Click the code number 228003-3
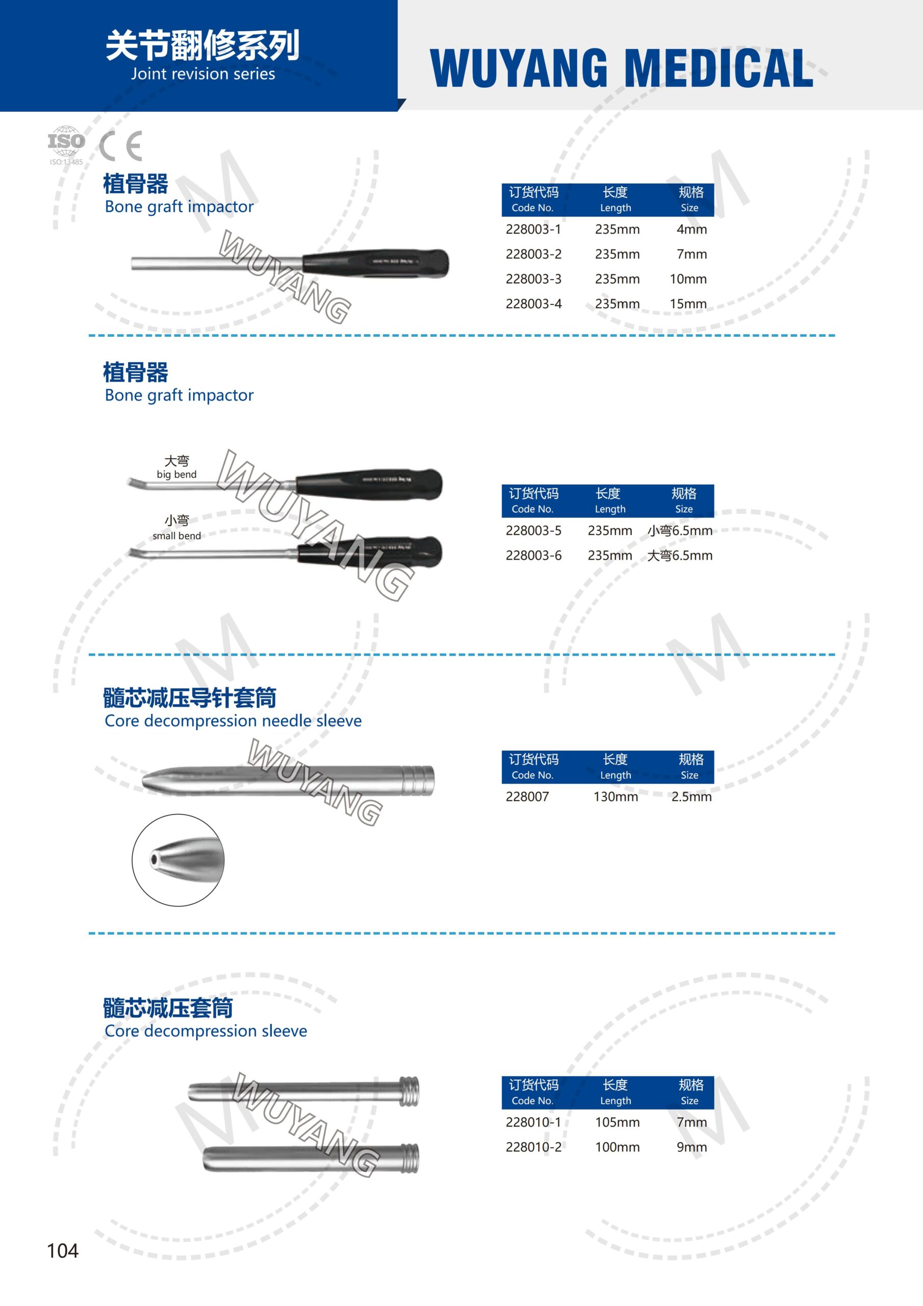pyautogui.click(x=533, y=279)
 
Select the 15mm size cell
pyautogui.click(x=688, y=304)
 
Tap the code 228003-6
pyautogui.click(x=533, y=556)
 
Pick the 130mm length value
pyautogui.click(x=616, y=797)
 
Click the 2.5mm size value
pyautogui.click(x=691, y=797)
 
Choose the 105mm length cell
pyautogui.click(x=617, y=1122)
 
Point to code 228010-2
pyautogui.click(x=533, y=1147)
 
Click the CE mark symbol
pyautogui.click(x=120, y=146)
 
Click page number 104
pyautogui.click(x=63, y=1251)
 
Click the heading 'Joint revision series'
pyautogui.click(x=203, y=74)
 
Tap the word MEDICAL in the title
pyautogui.click(x=719, y=68)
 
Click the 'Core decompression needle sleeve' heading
pyautogui.click(x=233, y=721)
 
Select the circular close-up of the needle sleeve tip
pyautogui.click(x=178, y=860)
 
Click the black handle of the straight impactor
pyautogui.click(x=375, y=263)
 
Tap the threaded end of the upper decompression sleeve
pyautogui.click(x=409, y=1092)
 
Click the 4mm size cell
pyautogui.click(x=691, y=229)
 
